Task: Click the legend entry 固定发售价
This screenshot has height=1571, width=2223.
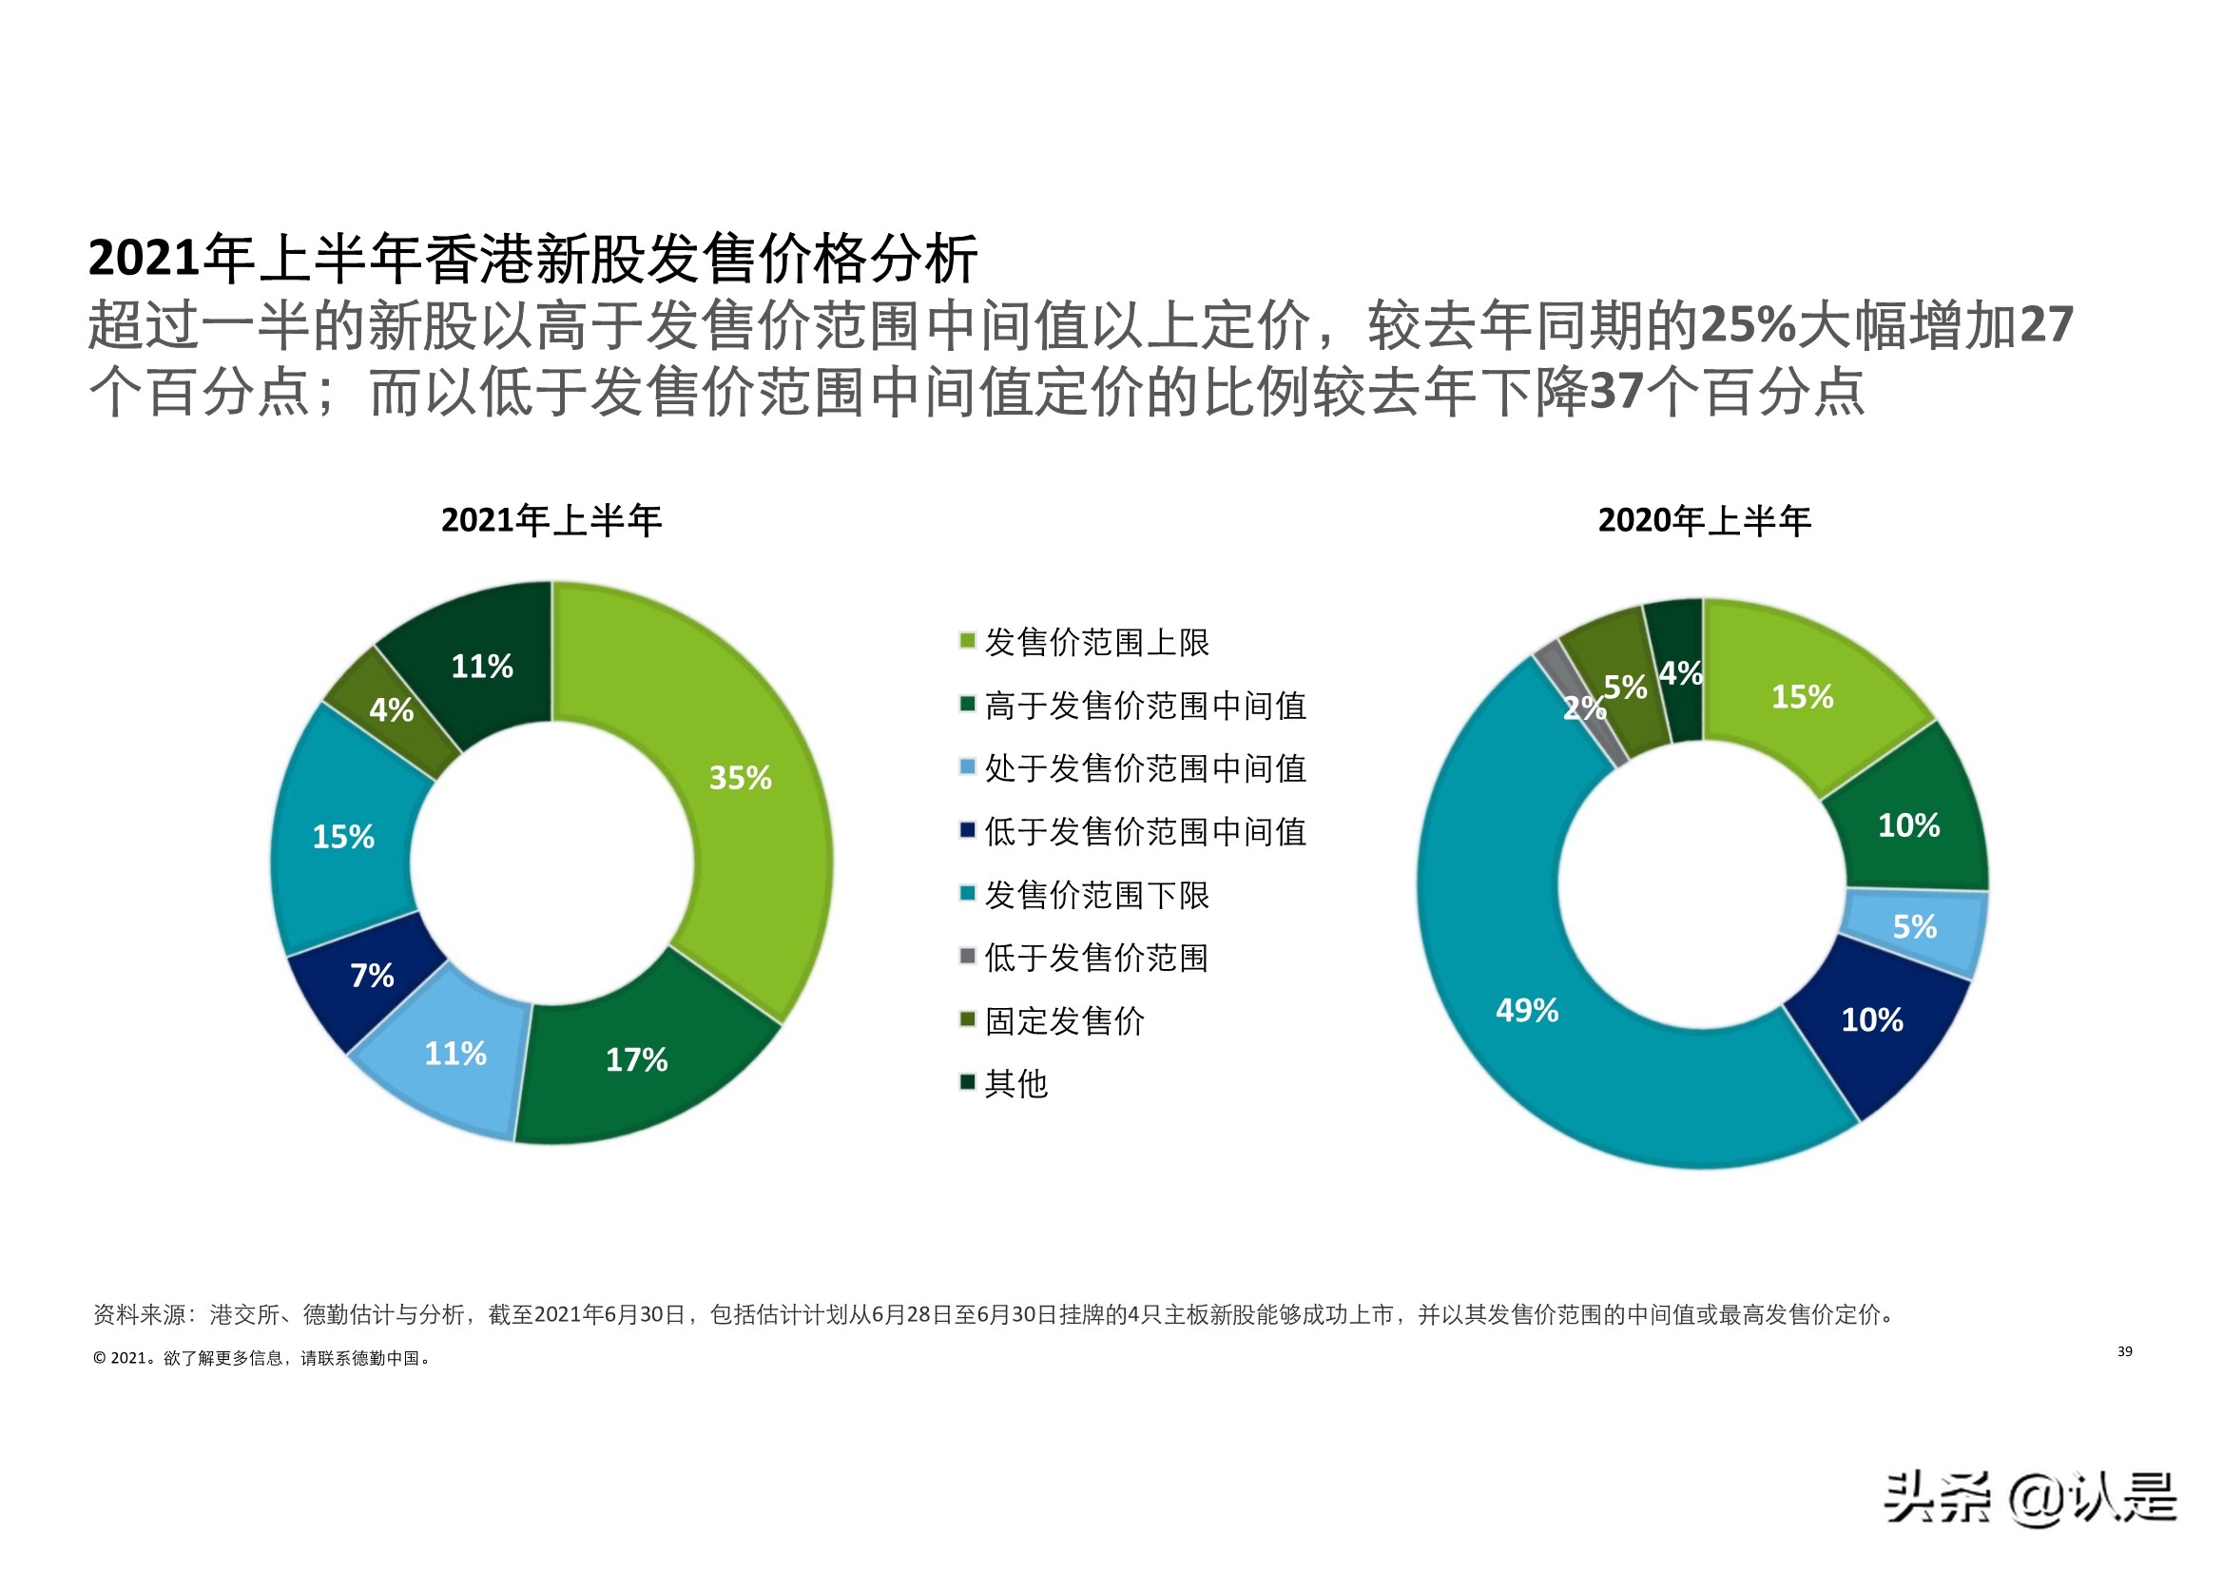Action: point(1064,1020)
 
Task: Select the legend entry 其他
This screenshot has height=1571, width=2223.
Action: point(1015,1084)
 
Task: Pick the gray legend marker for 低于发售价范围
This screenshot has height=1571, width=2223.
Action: point(966,956)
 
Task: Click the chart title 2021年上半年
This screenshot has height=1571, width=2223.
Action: point(551,521)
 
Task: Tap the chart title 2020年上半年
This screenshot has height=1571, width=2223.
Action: point(1703,521)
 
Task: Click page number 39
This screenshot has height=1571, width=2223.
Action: point(2124,1351)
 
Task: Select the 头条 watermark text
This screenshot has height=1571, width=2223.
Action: point(1936,1498)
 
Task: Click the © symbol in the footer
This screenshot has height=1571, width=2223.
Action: point(99,1358)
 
